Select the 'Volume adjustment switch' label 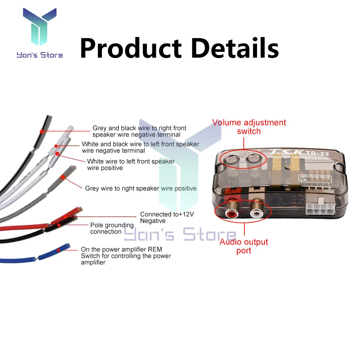249,127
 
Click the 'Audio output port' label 244,246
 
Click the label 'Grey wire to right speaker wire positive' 141,188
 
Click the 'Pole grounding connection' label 112,228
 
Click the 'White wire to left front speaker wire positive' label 131,165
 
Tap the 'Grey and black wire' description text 139,131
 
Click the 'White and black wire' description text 140,147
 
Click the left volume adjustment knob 230,158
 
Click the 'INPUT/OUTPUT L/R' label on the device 314,178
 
